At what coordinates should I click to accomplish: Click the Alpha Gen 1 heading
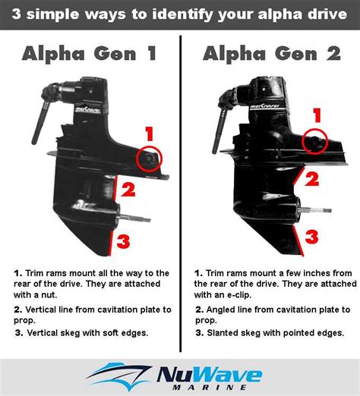pyautogui.click(x=90, y=55)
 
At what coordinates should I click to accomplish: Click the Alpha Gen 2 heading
pyautogui.click(x=269, y=55)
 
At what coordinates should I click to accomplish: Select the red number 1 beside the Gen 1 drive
pyautogui.click(x=150, y=134)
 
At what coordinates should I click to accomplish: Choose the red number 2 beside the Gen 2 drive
pyautogui.click(x=311, y=179)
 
